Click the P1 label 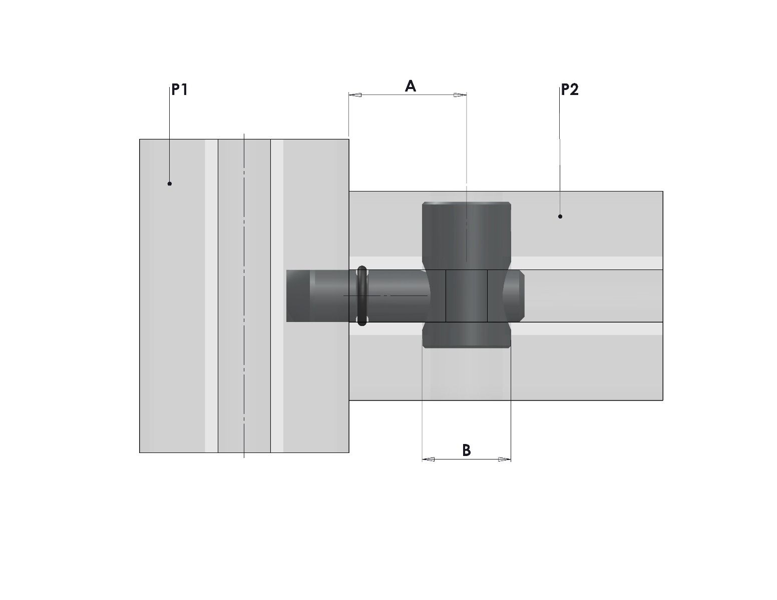[179, 89]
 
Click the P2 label [569, 89]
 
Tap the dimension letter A [410, 86]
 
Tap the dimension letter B [466, 450]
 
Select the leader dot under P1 [170, 183]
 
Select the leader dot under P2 [560, 216]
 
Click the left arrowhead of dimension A [355, 95]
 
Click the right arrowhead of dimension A [460, 95]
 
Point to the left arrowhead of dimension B [429, 459]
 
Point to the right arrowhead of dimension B [505, 459]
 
